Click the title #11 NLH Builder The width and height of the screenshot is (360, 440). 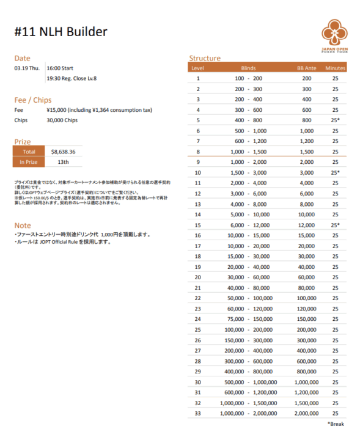click(x=61, y=32)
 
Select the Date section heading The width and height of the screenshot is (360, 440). click(x=22, y=58)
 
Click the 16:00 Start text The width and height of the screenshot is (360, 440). click(x=60, y=68)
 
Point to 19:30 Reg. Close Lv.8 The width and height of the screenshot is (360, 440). click(x=72, y=78)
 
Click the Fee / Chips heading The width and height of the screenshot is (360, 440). click(x=33, y=100)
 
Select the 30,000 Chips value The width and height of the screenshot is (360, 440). click(x=62, y=120)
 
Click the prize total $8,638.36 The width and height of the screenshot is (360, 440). click(x=64, y=152)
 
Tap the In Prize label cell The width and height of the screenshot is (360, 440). click(x=29, y=162)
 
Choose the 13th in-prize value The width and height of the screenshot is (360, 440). click(x=63, y=162)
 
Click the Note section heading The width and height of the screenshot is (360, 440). click(x=23, y=225)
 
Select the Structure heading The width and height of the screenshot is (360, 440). click(x=205, y=58)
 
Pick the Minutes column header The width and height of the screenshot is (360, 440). click(x=335, y=68)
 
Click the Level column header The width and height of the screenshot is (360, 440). click(x=197, y=68)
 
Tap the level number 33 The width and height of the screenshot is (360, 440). click(x=197, y=414)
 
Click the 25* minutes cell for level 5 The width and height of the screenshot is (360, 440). click(x=335, y=120)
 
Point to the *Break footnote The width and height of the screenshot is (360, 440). click(x=336, y=424)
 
